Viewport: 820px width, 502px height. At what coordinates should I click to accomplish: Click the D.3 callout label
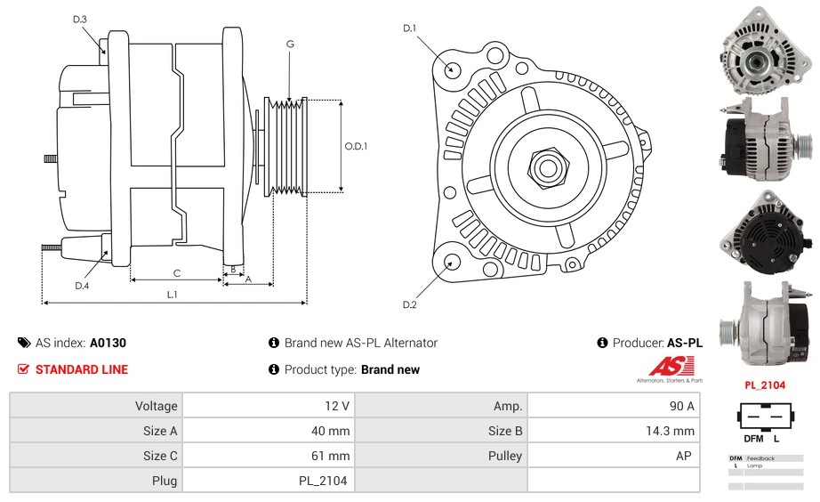[x=79, y=19]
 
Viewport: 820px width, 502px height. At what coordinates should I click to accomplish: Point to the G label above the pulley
[x=290, y=44]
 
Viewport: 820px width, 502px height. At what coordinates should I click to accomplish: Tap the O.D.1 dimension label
[x=356, y=147]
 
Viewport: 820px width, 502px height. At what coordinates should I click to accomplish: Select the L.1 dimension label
[x=173, y=294]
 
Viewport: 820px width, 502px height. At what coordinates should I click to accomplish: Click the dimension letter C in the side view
[x=176, y=272]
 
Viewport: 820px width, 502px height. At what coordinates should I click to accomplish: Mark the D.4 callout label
[x=82, y=286]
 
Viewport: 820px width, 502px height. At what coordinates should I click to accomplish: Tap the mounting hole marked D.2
[x=451, y=261]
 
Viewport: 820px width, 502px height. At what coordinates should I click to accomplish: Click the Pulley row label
[x=504, y=456]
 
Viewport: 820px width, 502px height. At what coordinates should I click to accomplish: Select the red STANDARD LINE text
[x=81, y=369]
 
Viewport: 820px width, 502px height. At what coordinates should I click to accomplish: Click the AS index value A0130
[x=108, y=343]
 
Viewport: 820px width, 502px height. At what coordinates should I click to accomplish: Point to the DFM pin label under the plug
[x=752, y=439]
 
